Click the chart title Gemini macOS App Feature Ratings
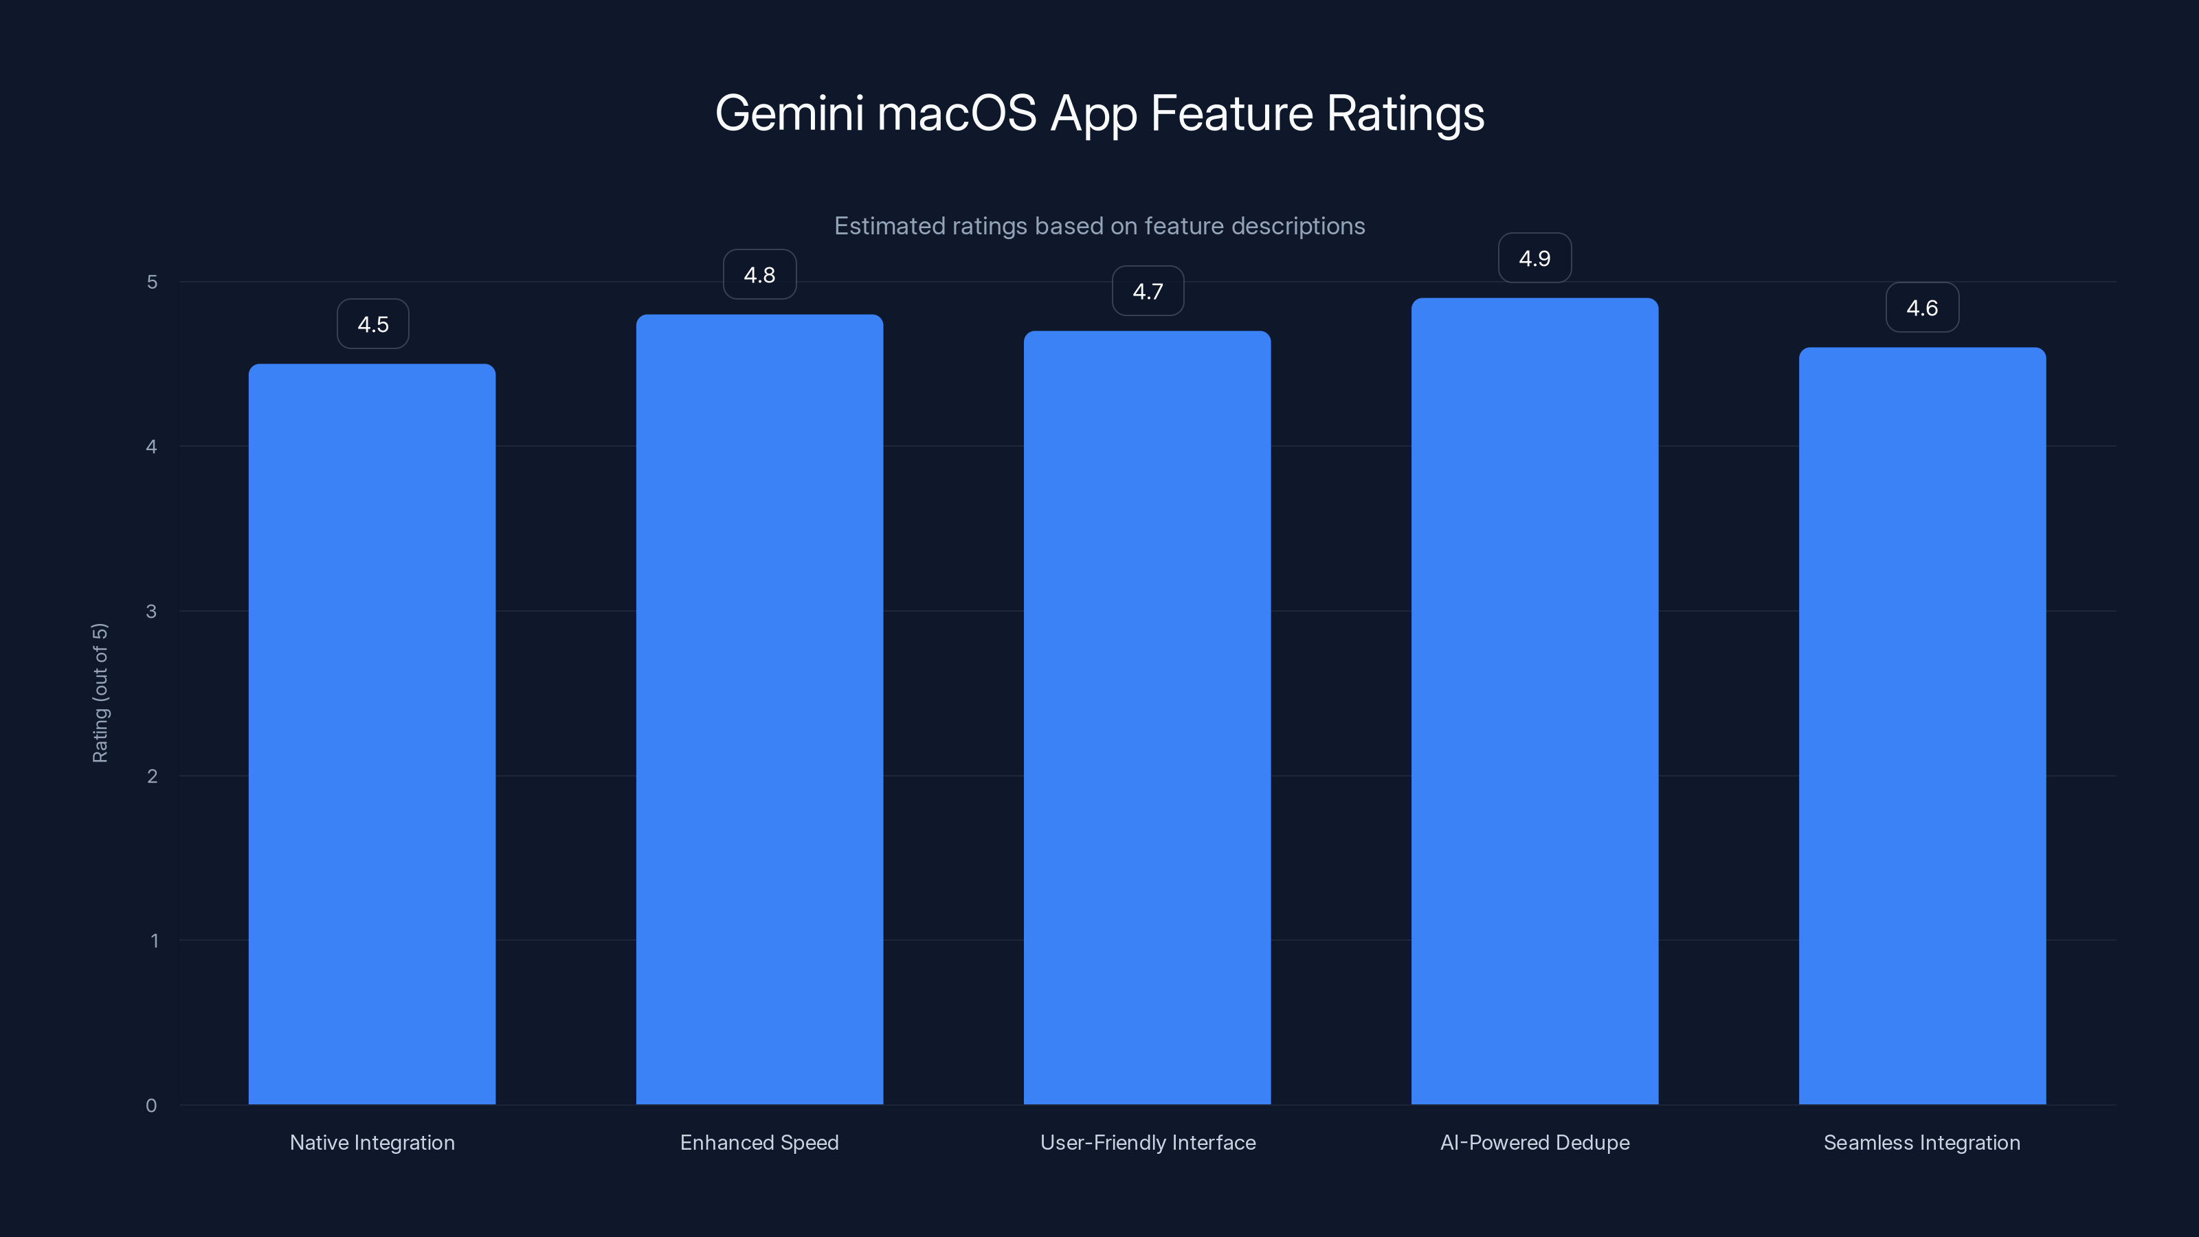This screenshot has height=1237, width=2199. (x=1099, y=113)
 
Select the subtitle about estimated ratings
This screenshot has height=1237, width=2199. (x=1099, y=226)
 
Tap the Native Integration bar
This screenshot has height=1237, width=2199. (x=372, y=734)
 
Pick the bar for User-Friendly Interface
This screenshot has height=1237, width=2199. (x=1148, y=717)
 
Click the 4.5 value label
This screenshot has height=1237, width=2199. (x=373, y=324)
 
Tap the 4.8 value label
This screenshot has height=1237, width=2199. (x=760, y=275)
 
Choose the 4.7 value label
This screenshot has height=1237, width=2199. (x=1148, y=291)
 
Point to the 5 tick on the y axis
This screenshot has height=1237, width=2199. (x=152, y=282)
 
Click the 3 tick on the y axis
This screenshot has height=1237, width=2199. (x=152, y=611)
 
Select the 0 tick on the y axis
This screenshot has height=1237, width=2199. (x=152, y=1106)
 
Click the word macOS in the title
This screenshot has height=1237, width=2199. (x=957, y=113)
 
